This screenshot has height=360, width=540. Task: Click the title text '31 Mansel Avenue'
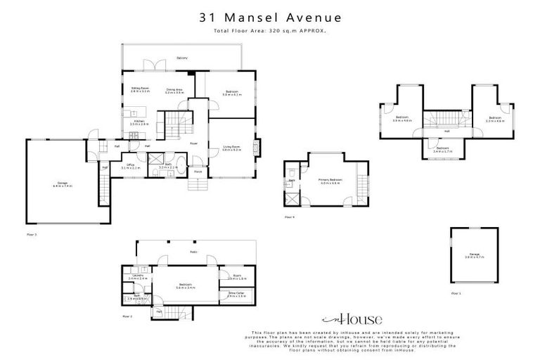point(270,18)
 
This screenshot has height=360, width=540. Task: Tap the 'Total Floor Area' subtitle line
point(270,31)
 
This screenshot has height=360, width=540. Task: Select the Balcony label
point(182,58)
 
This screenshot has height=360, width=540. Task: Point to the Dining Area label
point(175,90)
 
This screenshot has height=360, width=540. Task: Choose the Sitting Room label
point(140,89)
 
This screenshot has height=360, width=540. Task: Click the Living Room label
point(232,148)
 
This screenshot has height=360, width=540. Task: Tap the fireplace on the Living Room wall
point(257,147)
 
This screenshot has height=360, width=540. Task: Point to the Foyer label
point(193,143)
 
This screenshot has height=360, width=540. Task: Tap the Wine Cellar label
point(236,295)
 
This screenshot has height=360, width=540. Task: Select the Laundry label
point(138,277)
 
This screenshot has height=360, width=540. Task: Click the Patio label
point(192,252)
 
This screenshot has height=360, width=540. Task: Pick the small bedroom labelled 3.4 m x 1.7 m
point(442,149)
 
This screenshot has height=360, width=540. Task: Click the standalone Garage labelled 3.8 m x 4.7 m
point(474,256)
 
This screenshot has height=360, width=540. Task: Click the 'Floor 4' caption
point(289,217)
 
